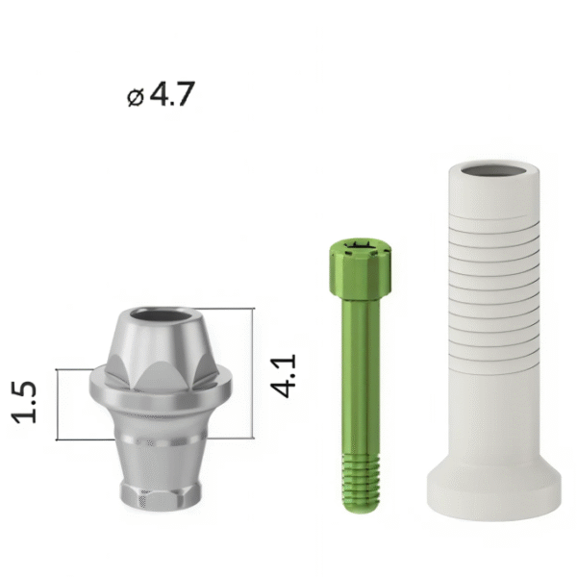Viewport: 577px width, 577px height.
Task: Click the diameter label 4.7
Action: point(172,94)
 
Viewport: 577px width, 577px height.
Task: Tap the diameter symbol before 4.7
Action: point(136,98)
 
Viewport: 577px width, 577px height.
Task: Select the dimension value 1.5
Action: point(24,402)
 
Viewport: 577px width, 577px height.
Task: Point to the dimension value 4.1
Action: point(283,376)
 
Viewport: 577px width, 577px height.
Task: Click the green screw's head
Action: point(360,268)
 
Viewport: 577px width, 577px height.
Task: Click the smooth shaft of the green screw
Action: point(361,376)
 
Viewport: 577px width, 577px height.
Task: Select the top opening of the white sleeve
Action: point(494,171)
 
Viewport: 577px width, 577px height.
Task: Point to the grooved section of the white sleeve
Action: point(494,294)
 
